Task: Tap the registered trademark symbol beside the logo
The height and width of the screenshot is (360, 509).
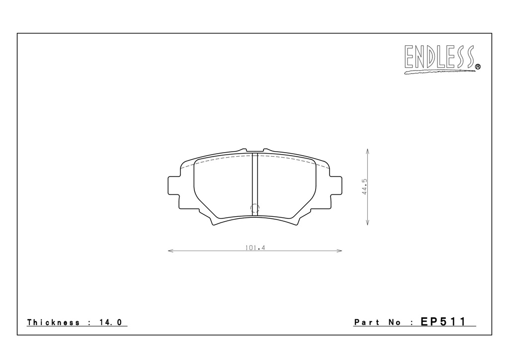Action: (x=478, y=67)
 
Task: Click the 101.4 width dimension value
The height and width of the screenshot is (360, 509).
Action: (x=255, y=248)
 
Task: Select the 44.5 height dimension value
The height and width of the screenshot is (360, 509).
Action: (x=364, y=186)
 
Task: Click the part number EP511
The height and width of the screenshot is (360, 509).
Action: (x=443, y=322)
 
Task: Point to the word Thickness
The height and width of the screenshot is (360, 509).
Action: (x=53, y=322)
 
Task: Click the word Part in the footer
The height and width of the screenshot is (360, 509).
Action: (x=367, y=322)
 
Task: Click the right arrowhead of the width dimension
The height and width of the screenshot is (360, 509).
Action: (x=339, y=251)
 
